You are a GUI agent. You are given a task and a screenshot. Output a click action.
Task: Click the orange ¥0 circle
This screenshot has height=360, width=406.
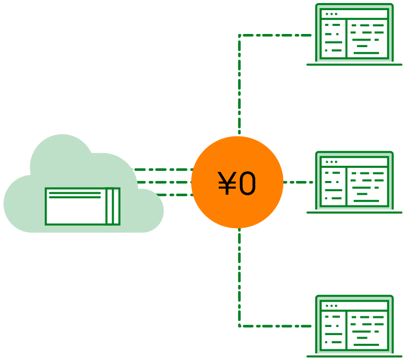pos(237,183)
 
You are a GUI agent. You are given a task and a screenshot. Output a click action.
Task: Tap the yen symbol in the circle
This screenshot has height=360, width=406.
pos(227,183)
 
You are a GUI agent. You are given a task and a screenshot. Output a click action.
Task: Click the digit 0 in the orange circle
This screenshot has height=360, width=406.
pos(247,183)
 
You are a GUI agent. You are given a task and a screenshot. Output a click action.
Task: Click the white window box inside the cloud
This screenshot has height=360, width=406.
pos(83,206)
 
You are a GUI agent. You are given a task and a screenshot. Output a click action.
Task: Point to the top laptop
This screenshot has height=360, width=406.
pos(354,34)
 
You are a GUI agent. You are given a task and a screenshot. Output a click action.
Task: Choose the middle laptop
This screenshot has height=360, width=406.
pos(354,183)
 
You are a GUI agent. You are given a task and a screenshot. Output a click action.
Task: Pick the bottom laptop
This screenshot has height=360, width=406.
pos(354,326)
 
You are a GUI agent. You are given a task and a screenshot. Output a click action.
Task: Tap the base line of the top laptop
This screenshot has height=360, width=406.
pos(354,65)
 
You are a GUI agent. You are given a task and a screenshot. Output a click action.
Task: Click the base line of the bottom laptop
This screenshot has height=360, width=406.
pos(354,356)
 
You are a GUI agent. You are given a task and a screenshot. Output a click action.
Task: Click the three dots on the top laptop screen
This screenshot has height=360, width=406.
pos(331,14)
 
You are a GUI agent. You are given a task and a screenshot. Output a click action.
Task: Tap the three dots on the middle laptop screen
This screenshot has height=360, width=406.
pos(331,162)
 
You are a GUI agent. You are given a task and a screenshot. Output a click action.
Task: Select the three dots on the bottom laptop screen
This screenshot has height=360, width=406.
pos(331,306)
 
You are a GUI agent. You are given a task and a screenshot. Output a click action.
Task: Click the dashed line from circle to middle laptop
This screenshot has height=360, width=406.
pos(298,183)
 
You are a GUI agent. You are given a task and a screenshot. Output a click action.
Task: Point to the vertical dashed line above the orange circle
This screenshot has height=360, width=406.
pos(239,85)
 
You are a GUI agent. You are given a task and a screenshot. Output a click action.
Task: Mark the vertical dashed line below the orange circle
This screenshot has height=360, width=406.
pos(239,277)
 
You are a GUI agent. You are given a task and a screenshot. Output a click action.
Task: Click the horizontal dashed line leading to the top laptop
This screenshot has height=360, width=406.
pos(275,35)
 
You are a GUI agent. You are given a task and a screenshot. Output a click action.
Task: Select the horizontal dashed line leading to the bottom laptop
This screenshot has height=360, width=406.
pos(275,326)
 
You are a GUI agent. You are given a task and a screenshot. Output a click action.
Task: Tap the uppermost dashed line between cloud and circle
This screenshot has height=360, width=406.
pos(162,170)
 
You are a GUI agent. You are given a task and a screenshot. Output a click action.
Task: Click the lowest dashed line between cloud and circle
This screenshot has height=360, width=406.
pos(175,195)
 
